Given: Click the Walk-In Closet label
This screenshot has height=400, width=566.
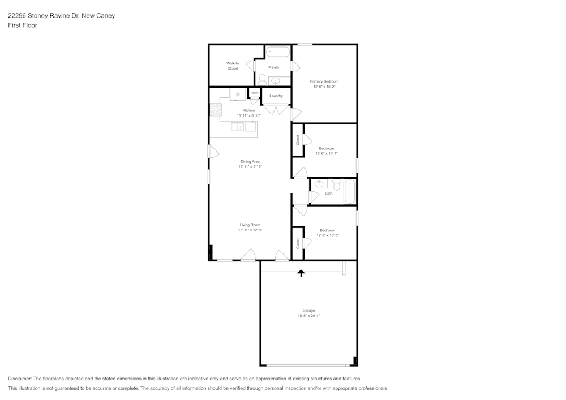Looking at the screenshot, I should coord(233,66).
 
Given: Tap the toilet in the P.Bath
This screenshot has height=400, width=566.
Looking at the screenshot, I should coord(261,79).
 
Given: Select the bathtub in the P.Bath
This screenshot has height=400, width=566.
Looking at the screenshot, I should coord(278,52).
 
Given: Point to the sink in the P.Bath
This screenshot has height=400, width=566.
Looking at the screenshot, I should coord(276,81).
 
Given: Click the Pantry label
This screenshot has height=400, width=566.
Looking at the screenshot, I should coord(255,93).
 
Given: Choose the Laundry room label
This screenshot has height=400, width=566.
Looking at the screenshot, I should coord(276,96).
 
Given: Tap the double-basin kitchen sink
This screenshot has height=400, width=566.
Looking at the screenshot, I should coord(238,127).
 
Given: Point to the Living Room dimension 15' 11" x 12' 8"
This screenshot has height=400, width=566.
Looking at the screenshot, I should coord(250,230).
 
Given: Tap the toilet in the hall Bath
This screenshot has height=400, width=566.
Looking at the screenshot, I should coord(337,185).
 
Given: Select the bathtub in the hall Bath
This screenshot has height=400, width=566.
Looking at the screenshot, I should coord(350,192).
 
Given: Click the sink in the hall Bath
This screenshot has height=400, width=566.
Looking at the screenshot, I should coord(319,184).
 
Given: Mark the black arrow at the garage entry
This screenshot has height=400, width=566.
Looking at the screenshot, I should coord(301,273).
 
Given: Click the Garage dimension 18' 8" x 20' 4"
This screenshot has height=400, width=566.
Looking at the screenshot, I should coord(308,316).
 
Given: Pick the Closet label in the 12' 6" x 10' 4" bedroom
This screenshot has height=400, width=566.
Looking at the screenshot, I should coord(298,139).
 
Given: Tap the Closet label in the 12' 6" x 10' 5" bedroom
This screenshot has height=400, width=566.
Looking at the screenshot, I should coord(298,243).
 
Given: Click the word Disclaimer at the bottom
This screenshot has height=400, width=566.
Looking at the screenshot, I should coord(20,379).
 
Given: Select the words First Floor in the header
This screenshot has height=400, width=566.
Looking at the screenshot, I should coord(23,25).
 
